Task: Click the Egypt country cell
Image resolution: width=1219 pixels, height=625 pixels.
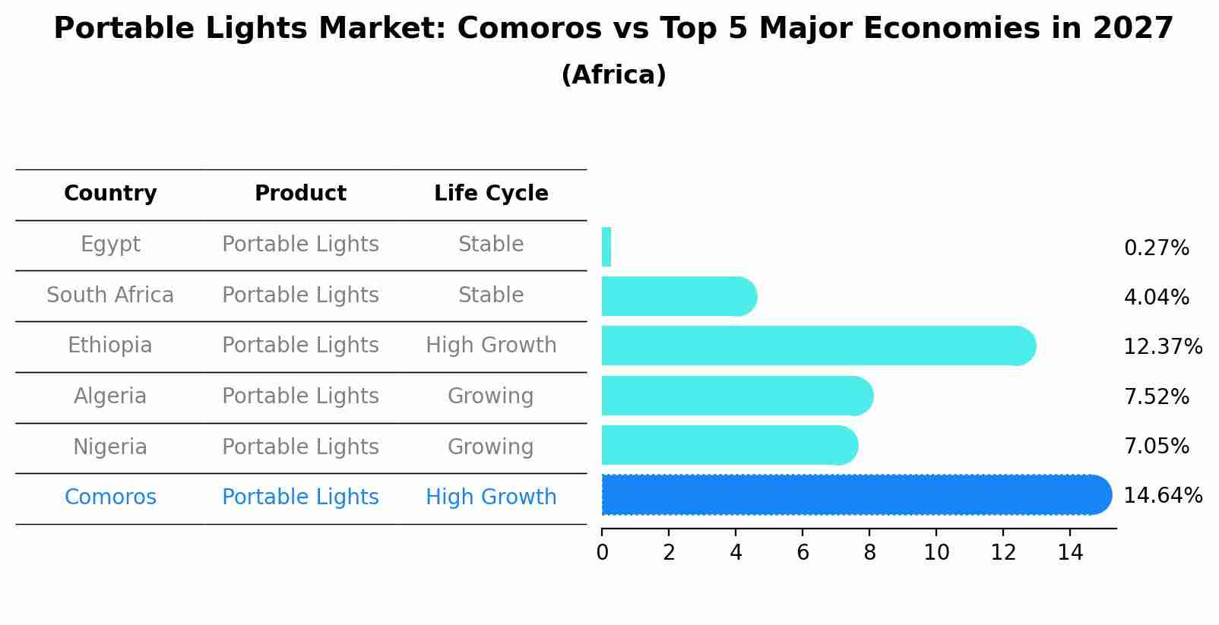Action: click(110, 245)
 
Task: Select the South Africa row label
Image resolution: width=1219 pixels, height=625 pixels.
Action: click(110, 295)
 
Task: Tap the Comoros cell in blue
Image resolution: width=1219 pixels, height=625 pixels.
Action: click(110, 497)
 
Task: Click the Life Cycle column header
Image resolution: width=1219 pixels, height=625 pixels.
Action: click(491, 194)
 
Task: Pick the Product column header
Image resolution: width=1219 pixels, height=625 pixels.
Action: click(300, 194)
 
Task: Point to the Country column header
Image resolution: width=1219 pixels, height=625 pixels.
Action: click(110, 194)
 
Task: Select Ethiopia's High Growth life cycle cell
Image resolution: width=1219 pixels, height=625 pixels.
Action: click(491, 346)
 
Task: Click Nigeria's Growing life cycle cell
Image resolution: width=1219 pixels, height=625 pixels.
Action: click(491, 447)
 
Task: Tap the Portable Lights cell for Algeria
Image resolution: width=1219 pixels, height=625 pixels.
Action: click(300, 396)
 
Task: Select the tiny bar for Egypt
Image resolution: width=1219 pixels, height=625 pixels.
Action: click(606, 247)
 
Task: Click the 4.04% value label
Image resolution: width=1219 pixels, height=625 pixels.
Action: click(1156, 298)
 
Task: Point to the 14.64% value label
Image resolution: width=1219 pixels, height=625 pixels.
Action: click(1163, 496)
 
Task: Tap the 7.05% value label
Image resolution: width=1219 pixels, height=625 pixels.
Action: click(1156, 447)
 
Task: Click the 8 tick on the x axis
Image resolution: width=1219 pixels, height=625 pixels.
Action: click(869, 553)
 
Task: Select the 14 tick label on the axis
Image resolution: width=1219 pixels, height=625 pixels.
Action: click(1070, 553)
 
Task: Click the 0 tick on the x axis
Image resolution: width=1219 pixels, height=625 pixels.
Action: click(602, 553)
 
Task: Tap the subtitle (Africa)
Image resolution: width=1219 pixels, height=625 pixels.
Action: click(613, 75)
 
